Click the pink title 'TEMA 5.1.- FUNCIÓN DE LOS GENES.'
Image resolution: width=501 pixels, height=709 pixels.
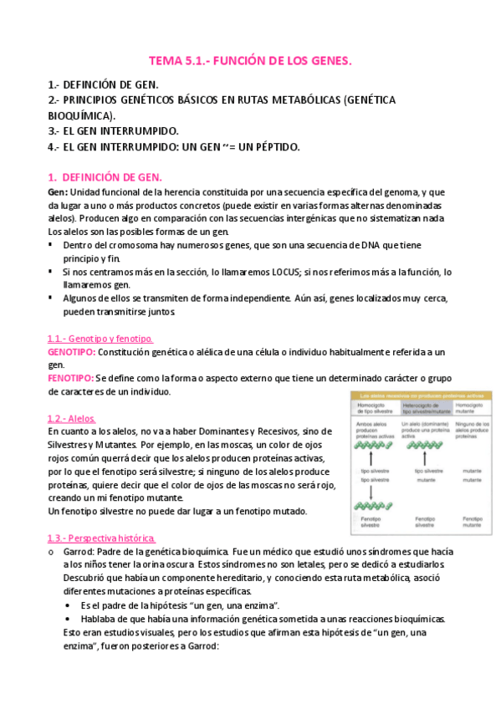(x=250, y=61)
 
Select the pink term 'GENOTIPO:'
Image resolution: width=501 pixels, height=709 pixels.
(x=72, y=353)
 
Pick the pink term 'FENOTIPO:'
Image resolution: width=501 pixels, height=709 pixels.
(x=71, y=378)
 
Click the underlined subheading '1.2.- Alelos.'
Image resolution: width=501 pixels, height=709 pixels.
(x=72, y=417)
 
